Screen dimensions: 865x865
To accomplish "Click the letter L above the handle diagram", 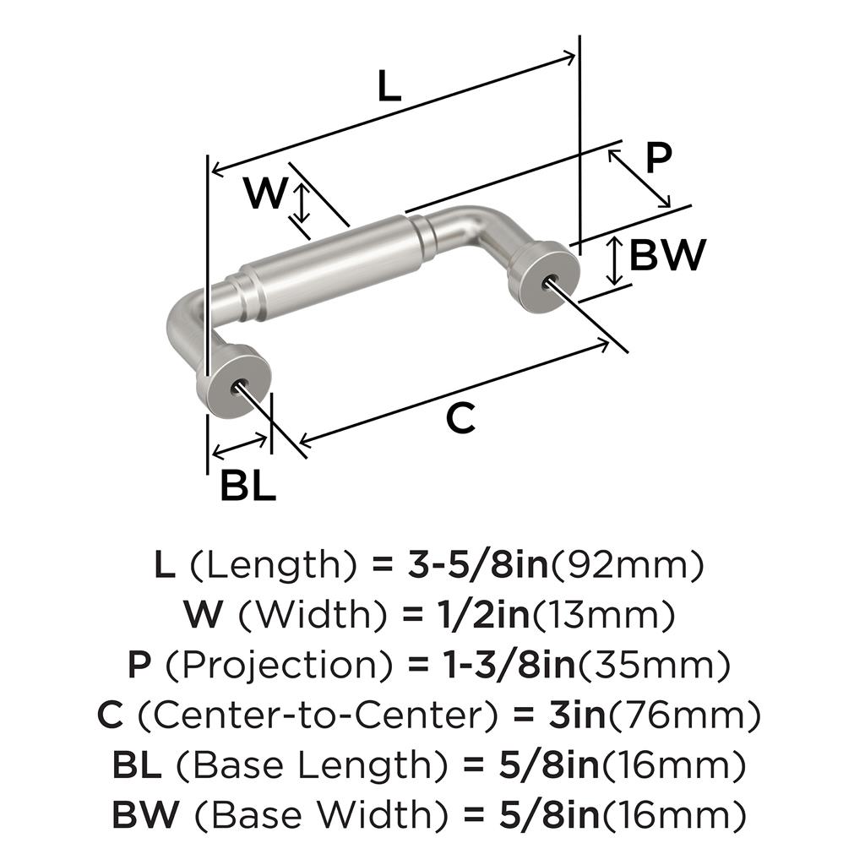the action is click(x=389, y=86).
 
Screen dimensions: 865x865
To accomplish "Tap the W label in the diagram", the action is click(x=266, y=193).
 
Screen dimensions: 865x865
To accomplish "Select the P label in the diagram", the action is click(x=659, y=157).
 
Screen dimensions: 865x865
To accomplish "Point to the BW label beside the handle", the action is click(x=667, y=255).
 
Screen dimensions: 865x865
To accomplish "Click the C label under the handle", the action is click(x=460, y=417).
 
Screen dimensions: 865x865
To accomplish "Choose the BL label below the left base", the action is click(x=248, y=486).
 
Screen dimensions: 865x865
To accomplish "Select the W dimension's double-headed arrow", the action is click(x=301, y=203).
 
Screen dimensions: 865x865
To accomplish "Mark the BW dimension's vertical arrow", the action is click(x=615, y=261).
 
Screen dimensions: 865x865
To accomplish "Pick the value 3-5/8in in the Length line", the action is click(x=478, y=565).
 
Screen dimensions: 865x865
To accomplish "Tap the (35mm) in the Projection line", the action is click(x=654, y=666).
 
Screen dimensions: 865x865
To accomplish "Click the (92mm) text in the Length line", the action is click(x=628, y=565).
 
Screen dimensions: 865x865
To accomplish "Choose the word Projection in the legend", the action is click(x=278, y=666).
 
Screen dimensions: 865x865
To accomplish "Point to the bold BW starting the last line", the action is click(x=145, y=814).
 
